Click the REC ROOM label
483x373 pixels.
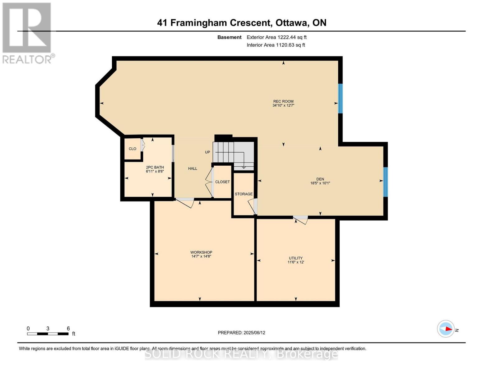283,101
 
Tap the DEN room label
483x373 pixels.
320,179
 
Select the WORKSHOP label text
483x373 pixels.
201,252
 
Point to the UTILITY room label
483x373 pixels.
295,258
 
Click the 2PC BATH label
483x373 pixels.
155,167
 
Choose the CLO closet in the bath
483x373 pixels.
132,149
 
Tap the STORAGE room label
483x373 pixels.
244,194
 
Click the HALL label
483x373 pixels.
193,168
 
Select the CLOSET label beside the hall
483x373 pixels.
222,182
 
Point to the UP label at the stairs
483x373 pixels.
207,152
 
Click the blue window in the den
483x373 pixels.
385,182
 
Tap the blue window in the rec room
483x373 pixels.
340,98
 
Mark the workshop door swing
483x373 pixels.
186,202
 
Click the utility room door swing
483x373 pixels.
300,220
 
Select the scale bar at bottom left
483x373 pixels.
48,334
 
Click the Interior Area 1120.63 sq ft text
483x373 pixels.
276,45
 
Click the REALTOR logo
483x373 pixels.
27,33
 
